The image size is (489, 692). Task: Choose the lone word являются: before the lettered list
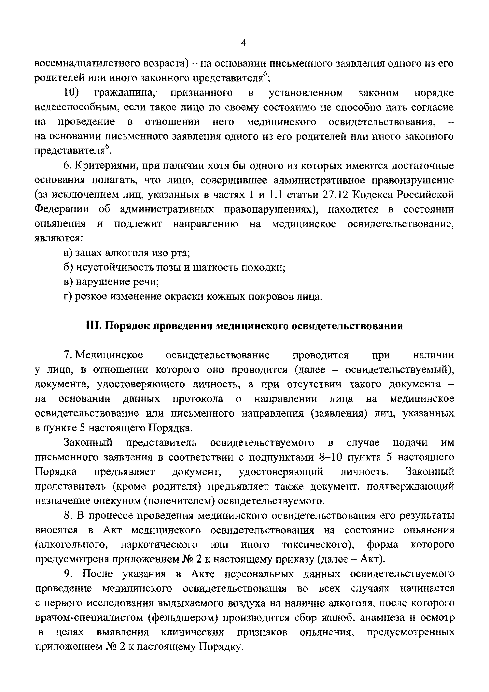coord(59,238)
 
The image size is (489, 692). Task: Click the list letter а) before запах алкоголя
coord(68,253)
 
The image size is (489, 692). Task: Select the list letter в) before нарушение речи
coord(68,282)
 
